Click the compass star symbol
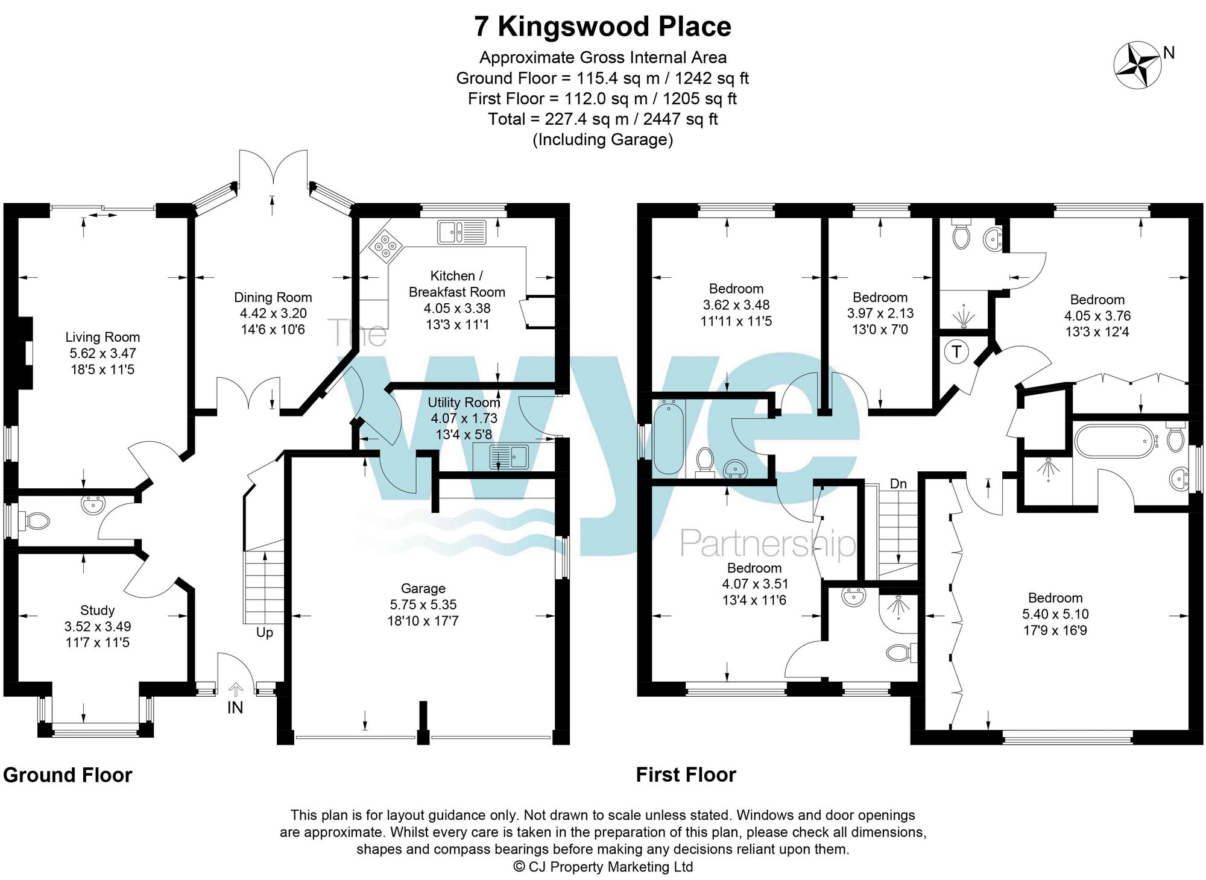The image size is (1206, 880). tap(1137, 64)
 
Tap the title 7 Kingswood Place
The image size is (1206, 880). tap(602, 27)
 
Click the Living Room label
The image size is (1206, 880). tap(103, 337)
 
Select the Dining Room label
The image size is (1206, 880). tap(273, 297)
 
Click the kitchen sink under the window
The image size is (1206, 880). tap(462, 232)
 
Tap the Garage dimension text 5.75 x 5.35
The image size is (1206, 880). tap(423, 605)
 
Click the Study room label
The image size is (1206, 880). tap(98, 610)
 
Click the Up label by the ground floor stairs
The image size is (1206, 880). tap(265, 632)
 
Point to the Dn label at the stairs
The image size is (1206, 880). tap(898, 483)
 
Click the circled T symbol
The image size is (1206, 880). tap(956, 351)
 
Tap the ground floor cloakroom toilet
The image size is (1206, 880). tap(36, 521)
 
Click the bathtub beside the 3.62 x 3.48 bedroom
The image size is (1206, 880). tap(669, 436)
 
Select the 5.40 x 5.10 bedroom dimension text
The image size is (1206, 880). tap(1055, 614)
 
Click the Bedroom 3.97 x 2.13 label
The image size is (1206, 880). tap(880, 297)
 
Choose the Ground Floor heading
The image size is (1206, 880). tap(68, 775)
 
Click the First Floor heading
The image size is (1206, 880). tap(686, 775)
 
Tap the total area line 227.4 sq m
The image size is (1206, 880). tap(603, 119)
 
